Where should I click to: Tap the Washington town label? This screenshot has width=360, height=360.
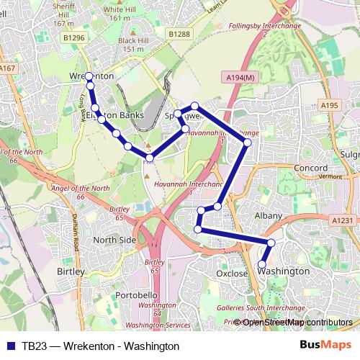pyautogui.click(x=283, y=271)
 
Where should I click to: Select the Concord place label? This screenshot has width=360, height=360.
pyautogui.click(x=312, y=168)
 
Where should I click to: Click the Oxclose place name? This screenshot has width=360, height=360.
pyautogui.click(x=232, y=274)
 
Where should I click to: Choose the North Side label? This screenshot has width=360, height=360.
pyautogui.click(x=114, y=240)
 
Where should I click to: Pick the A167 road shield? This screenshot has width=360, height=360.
pyautogui.click(x=8, y=68)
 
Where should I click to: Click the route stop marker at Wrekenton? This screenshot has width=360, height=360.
pyautogui.click(x=89, y=76)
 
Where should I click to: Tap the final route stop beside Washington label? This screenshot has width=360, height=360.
pyautogui.click(x=262, y=265)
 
